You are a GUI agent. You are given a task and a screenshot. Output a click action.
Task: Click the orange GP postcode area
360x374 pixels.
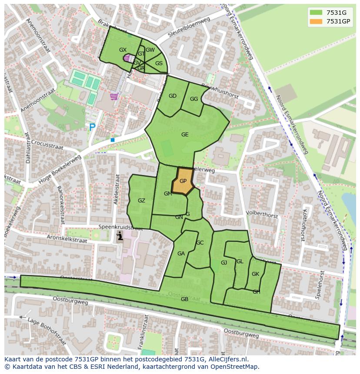coord(183,181)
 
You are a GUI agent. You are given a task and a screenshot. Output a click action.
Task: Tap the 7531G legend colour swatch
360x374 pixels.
coord(317,13)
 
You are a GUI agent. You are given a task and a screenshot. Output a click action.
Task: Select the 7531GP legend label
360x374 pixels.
coord(338,21)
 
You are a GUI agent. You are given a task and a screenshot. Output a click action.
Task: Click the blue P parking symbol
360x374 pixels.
coord(92,127)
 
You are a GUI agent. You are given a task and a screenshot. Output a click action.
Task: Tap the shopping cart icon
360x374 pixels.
coord(114,96)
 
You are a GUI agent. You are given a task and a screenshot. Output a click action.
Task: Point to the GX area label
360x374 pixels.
coord(123,50)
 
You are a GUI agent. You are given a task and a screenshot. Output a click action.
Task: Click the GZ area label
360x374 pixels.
coord(141,200)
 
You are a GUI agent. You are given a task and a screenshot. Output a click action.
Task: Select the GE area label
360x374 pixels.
coord(185,135)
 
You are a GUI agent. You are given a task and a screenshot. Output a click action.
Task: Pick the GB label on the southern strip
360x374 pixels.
coord(184,299)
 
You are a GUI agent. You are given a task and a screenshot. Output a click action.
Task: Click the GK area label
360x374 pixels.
coord(255,274)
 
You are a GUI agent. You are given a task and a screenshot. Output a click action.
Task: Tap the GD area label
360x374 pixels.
coord(173,96)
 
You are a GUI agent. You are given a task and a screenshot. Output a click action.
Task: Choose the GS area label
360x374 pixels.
coord(159,63)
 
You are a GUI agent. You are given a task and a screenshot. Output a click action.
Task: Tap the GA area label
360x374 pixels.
coord(181,254)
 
